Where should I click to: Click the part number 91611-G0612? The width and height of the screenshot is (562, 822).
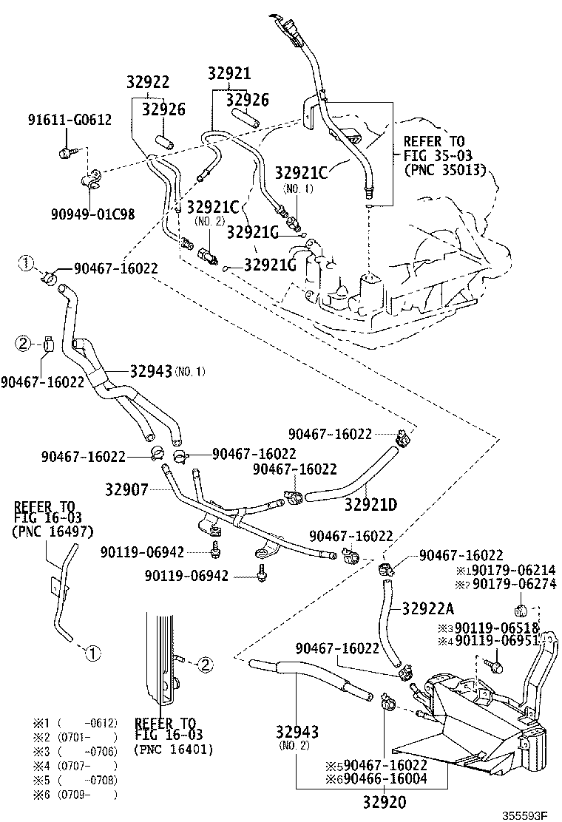(70, 120)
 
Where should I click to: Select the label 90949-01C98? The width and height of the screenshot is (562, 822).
(93, 214)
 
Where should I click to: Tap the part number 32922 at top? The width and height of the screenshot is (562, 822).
(147, 82)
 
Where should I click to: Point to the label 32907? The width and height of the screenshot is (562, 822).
(126, 489)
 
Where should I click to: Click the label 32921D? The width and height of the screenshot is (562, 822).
(370, 505)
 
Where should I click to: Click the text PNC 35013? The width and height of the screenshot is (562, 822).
(444, 169)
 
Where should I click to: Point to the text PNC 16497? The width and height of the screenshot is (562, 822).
(53, 531)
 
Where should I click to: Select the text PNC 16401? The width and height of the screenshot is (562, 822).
(174, 750)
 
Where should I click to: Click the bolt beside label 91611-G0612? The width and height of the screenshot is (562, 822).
(64, 153)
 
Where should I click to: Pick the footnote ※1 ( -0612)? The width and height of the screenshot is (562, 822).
(75, 722)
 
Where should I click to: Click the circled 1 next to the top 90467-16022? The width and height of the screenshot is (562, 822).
(26, 262)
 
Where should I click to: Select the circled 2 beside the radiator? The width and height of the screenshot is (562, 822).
(205, 664)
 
